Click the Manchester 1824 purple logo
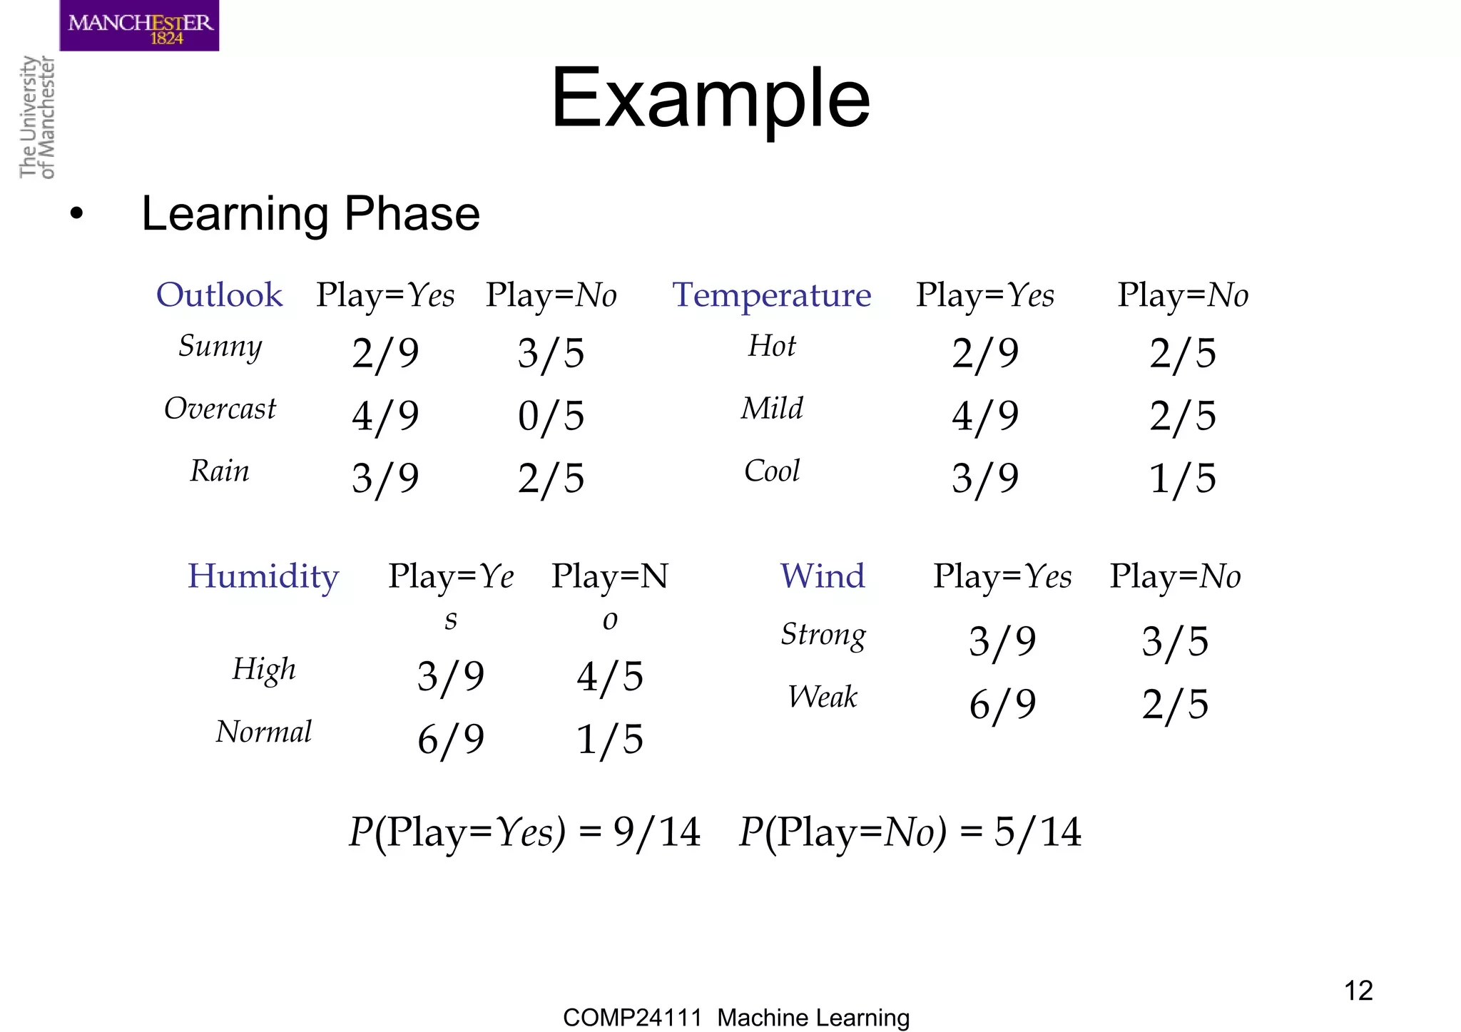pos(139,26)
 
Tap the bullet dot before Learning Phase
pos(76,214)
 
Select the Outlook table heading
pos(219,295)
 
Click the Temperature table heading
pos(771,295)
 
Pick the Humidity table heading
pos(263,576)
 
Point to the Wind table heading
pos(823,576)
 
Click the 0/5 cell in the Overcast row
pos(551,416)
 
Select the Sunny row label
pos(220,346)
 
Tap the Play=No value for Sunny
pos(551,353)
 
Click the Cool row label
pos(771,471)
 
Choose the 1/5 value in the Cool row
pos(1182,478)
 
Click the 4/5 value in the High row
pos(610,676)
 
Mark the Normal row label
pos(263,732)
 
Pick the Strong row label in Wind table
pos(823,634)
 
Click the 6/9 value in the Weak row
pos(1002,705)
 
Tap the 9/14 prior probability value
pos(656,832)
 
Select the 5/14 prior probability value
pos(1038,832)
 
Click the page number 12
pos(1358,991)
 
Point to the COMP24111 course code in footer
pos(632,1017)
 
